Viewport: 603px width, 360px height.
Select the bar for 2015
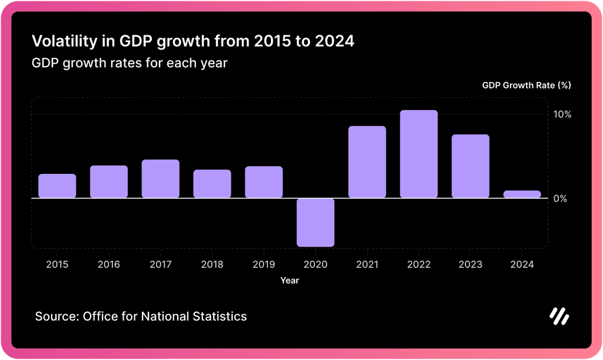click(x=57, y=186)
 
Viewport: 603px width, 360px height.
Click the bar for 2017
click(x=160, y=179)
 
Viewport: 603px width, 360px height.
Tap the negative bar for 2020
click(x=316, y=222)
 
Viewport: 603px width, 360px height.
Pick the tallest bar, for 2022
click(x=419, y=154)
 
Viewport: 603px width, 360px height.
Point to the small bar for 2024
click(x=522, y=194)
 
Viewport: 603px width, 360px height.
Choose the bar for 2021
click(x=367, y=162)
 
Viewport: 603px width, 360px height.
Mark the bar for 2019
click(x=264, y=182)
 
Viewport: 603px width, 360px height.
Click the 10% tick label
click(x=562, y=114)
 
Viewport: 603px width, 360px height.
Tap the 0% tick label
click(x=560, y=199)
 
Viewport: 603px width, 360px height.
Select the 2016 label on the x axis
click(x=108, y=265)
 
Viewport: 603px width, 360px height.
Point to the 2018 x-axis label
click(x=212, y=265)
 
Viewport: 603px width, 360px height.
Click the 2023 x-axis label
click(x=470, y=265)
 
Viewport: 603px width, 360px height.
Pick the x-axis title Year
click(x=290, y=280)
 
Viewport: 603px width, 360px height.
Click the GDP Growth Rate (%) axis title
click(x=526, y=85)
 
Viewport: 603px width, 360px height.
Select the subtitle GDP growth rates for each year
click(x=129, y=63)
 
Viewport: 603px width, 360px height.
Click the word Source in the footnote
click(x=57, y=316)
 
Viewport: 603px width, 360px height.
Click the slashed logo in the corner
click(x=559, y=316)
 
